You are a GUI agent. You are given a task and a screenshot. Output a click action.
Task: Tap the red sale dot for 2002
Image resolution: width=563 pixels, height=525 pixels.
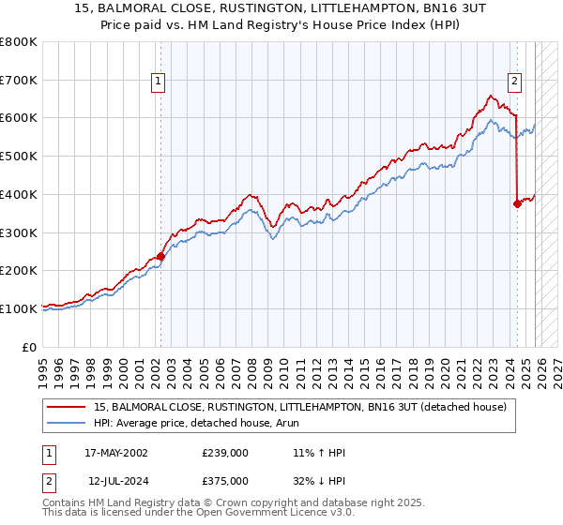[160, 256]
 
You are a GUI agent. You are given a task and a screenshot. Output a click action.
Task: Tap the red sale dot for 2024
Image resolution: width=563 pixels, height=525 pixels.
[517, 203]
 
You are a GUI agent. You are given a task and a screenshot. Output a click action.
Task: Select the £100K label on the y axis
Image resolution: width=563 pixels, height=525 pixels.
[19, 308]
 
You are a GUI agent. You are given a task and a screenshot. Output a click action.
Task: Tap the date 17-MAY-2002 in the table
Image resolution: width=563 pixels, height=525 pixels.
[116, 453]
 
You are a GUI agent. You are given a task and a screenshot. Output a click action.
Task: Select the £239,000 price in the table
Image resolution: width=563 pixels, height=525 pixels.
[225, 453]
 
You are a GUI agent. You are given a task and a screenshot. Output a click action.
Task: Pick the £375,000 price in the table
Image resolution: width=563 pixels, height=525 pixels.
[225, 481]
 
